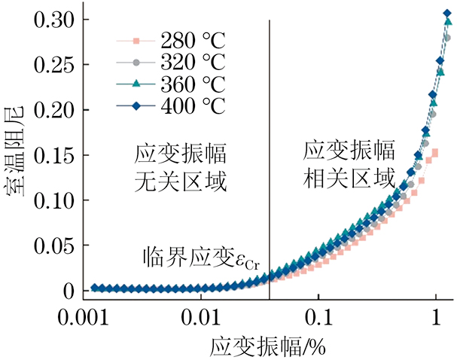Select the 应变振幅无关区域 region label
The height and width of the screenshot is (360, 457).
pos(180,168)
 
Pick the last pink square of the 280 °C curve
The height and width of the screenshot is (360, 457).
pos(435,153)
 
